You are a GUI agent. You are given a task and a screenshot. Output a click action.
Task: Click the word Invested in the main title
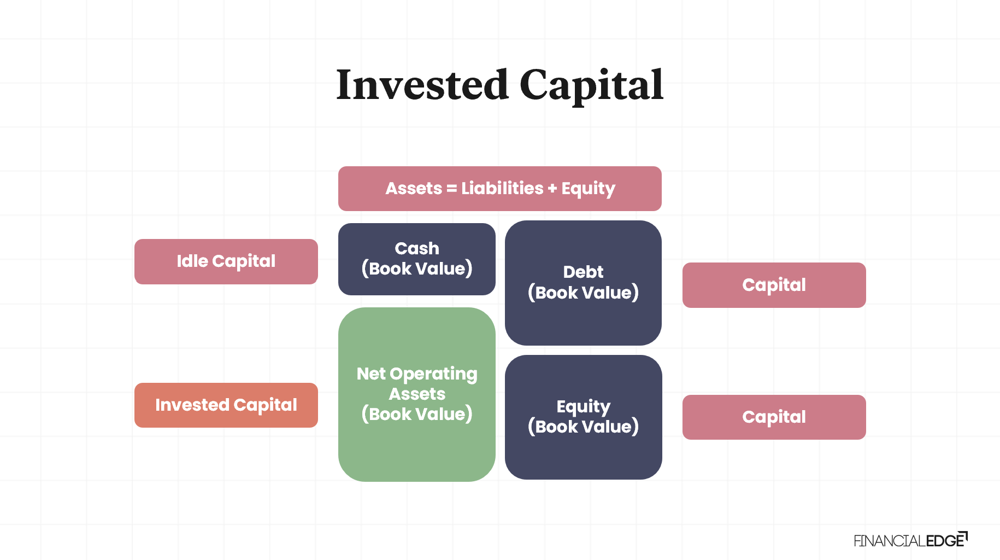pyautogui.click(x=422, y=85)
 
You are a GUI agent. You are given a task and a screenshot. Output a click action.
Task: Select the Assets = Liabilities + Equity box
pyautogui.click(x=500, y=189)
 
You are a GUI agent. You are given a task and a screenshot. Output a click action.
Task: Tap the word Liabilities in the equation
pyautogui.click(x=502, y=188)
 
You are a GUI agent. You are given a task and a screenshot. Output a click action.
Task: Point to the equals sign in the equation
pyautogui.click(x=451, y=189)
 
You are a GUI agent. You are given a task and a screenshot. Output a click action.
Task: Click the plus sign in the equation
pyautogui.click(x=552, y=189)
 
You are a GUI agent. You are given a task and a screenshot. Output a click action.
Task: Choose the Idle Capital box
pyautogui.click(x=226, y=261)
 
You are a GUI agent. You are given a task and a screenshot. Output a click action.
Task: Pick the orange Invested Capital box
pyautogui.click(x=226, y=405)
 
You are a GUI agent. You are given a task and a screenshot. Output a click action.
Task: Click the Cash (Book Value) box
pyautogui.click(x=417, y=259)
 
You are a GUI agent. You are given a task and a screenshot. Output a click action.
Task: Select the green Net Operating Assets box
pyautogui.click(x=417, y=394)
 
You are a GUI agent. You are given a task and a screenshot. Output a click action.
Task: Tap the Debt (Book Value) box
pyautogui.click(x=584, y=283)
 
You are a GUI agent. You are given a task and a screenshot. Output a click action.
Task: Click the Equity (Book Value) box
pyautogui.click(x=584, y=417)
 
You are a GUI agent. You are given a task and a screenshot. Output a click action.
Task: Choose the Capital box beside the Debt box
pyautogui.click(x=774, y=285)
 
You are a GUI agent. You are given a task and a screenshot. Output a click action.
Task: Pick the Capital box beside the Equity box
pyautogui.click(x=774, y=417)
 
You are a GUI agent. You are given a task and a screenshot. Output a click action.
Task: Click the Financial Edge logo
pyautogui.click(x=911, y=540)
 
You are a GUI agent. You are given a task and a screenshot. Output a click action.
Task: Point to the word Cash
pyautogui.click(x=417, y=248)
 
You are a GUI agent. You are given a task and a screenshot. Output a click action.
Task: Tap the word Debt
pyautogui.click(x=584, y=272)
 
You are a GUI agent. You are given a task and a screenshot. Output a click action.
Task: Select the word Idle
pyautogui.click(x=192, y=261)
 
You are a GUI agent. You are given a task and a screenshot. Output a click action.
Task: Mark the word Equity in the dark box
pyautogui.click(x=584, y=407)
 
